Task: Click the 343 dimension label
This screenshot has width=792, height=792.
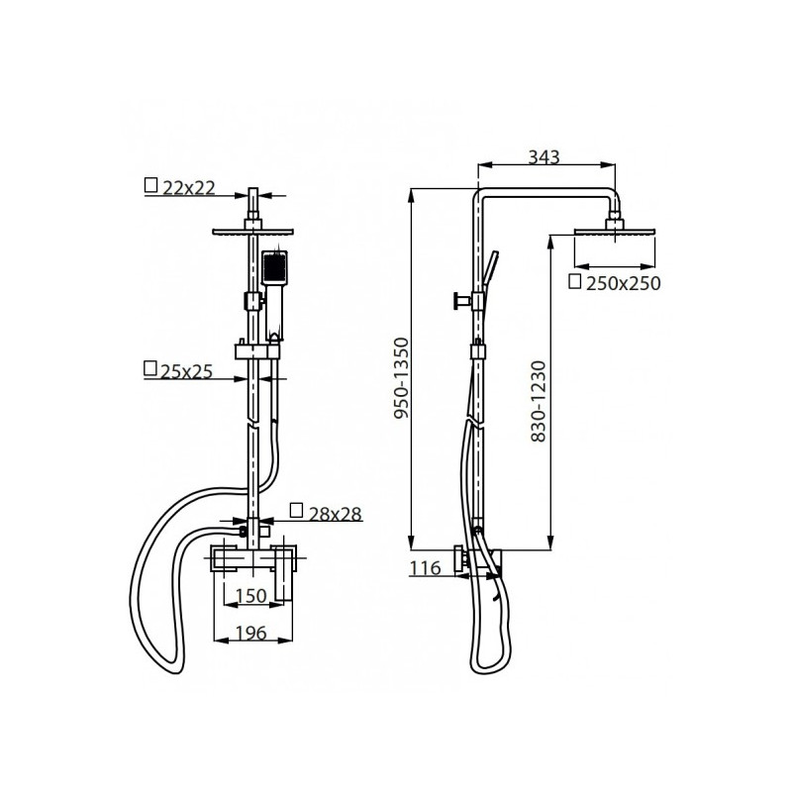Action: point(544,157)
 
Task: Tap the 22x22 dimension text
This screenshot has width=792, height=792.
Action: point(189,188)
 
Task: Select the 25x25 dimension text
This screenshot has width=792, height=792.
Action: point(186,372)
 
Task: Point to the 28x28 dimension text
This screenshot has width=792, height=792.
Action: point(336,514)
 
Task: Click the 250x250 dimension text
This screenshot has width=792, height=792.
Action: point(624,283)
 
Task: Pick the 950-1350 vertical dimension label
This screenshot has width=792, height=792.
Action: point(401,378)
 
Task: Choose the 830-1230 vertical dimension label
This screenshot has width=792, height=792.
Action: point(539,402)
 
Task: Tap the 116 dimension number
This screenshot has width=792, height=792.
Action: point(425,568)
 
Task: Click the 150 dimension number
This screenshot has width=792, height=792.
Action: point(251,596)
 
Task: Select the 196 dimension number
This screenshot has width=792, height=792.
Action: point(251,633)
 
